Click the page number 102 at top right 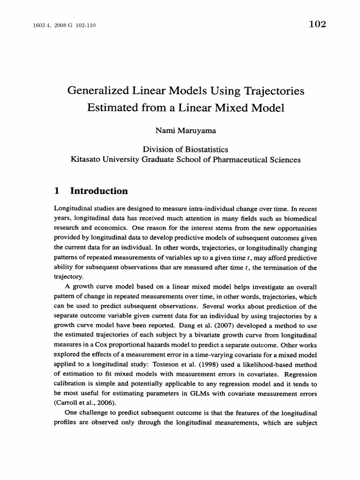pyautogui.click(x=317, y=24)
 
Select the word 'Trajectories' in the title pyautogui.click(x=274, y=91)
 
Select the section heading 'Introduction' pyautogui.click(x=99, y=191)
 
